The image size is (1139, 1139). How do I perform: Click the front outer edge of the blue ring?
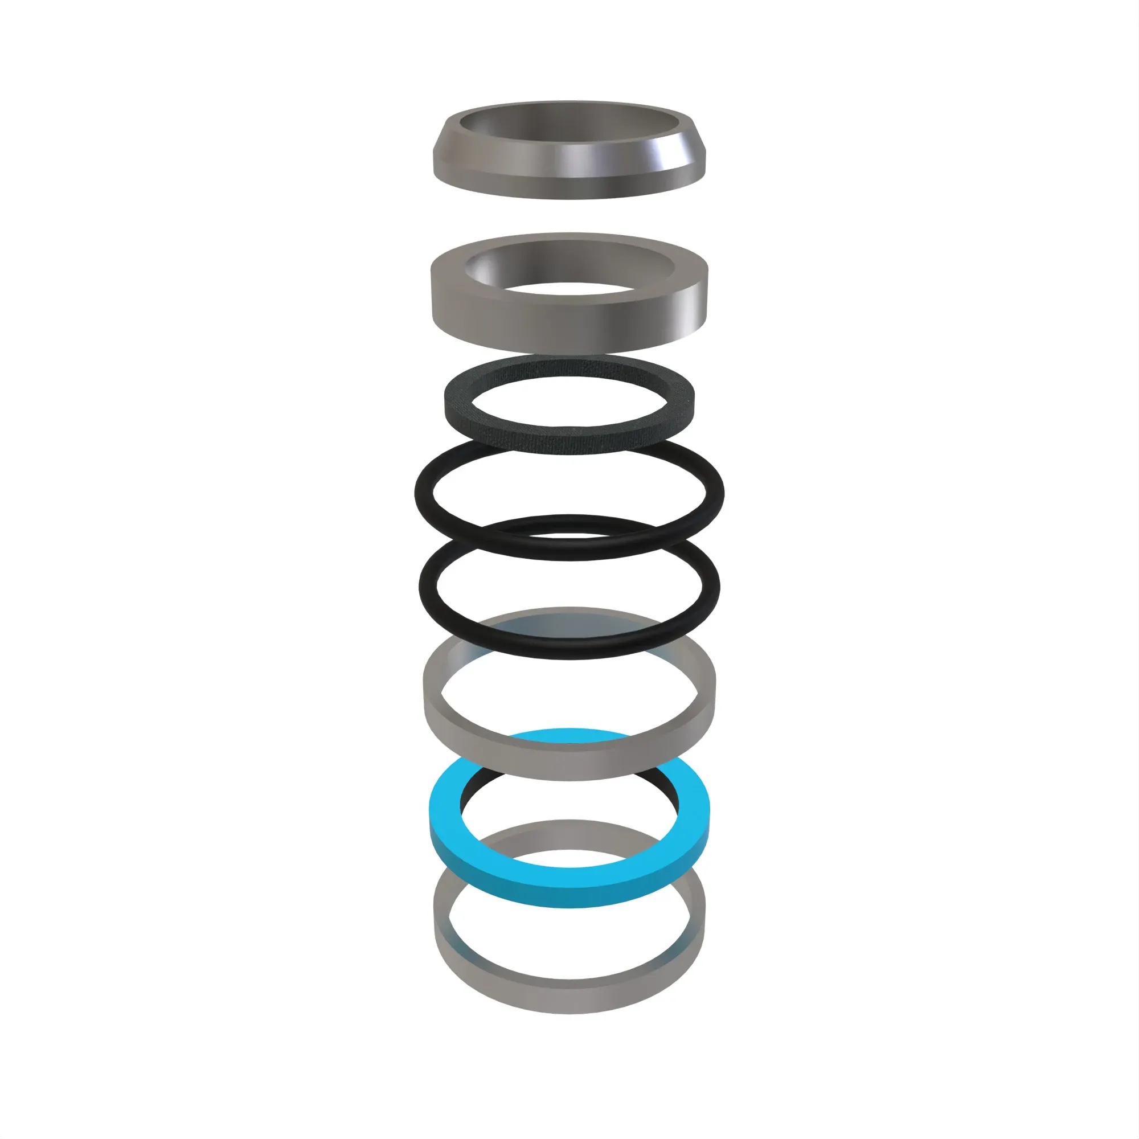(569, 896)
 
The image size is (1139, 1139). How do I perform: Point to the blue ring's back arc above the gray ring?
(569, 735)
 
